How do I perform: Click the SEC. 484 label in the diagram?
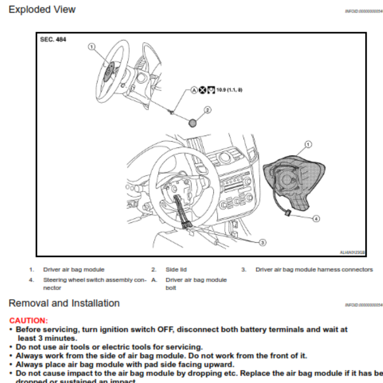pos(53,40)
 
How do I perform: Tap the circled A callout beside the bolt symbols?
pos(194,90)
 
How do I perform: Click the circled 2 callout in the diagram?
pos(207,110)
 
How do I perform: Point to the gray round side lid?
pos(193,123)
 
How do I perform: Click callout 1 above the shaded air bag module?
pos(308,144)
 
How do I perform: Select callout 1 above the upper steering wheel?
pos(91,46)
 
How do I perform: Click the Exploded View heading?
pos(42,10)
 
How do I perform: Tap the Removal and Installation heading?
pos(64,303)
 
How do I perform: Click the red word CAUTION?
pos(29,320)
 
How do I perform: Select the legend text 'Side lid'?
pos(176,270)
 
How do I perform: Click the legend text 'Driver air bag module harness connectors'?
pos(314,270)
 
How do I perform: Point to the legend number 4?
pos(31,280)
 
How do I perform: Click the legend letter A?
pos(154,280)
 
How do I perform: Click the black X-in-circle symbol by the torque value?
pos(203,90)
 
